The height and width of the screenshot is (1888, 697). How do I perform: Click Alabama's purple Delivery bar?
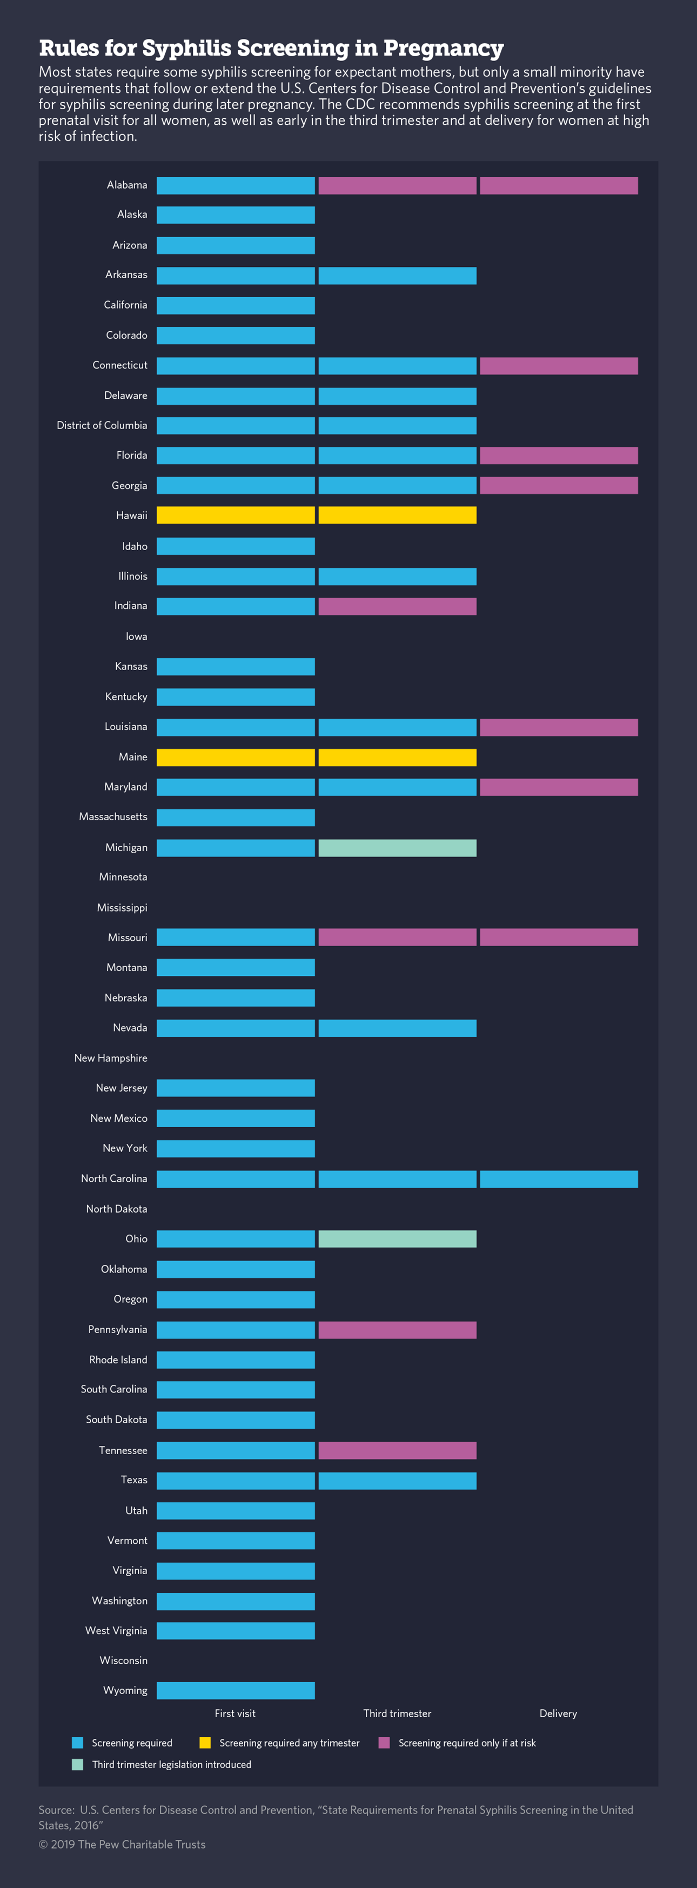pyautogui.click(x=559, y=185)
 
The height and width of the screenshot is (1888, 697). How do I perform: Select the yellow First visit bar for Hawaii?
pyautogui.click(x=235, y=515)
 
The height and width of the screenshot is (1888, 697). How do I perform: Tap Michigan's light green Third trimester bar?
pyautogui.click(x=397, y=848)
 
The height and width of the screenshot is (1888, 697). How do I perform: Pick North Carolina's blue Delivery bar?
pyautogui.click(x=559, y=1179)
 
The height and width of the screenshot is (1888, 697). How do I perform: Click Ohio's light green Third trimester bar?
pyautogui.click(x=397, y=1238)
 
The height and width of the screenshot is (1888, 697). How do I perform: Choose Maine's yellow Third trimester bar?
pyautogui.click(x=397, y=757)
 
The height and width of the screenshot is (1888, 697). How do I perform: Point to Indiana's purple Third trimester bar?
pyautogui.click(x=397, y=606)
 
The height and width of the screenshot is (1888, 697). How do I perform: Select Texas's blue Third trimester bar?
pyautogui.click(x=397, y=1481)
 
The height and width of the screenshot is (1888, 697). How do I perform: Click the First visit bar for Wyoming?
pyautogui.click(x=235, y=1690)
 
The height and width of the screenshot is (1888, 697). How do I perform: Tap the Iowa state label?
pyautogui.click(x=136, y=636)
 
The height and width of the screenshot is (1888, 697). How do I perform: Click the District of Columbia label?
pyautogui.click(x=102, y=425)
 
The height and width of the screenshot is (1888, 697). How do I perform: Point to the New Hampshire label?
pyautogui.click(x=111, y=1057)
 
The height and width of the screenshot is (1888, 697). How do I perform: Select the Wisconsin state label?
pyautogui.click(x=123, y=1660)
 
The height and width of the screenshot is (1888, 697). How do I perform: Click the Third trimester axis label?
pyautogui.click(x=397, y=1713)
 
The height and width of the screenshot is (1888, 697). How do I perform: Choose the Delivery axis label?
pyautogui.click(x=559, y=1713)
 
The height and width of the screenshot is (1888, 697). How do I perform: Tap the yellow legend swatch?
pyautogui.click(x=205, y=1743)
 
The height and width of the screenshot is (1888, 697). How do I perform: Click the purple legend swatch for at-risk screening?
pyautogui.click(x=384, y=1743)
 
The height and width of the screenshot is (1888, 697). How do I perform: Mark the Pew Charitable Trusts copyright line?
pyautogui.click(x=123, y=1844)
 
